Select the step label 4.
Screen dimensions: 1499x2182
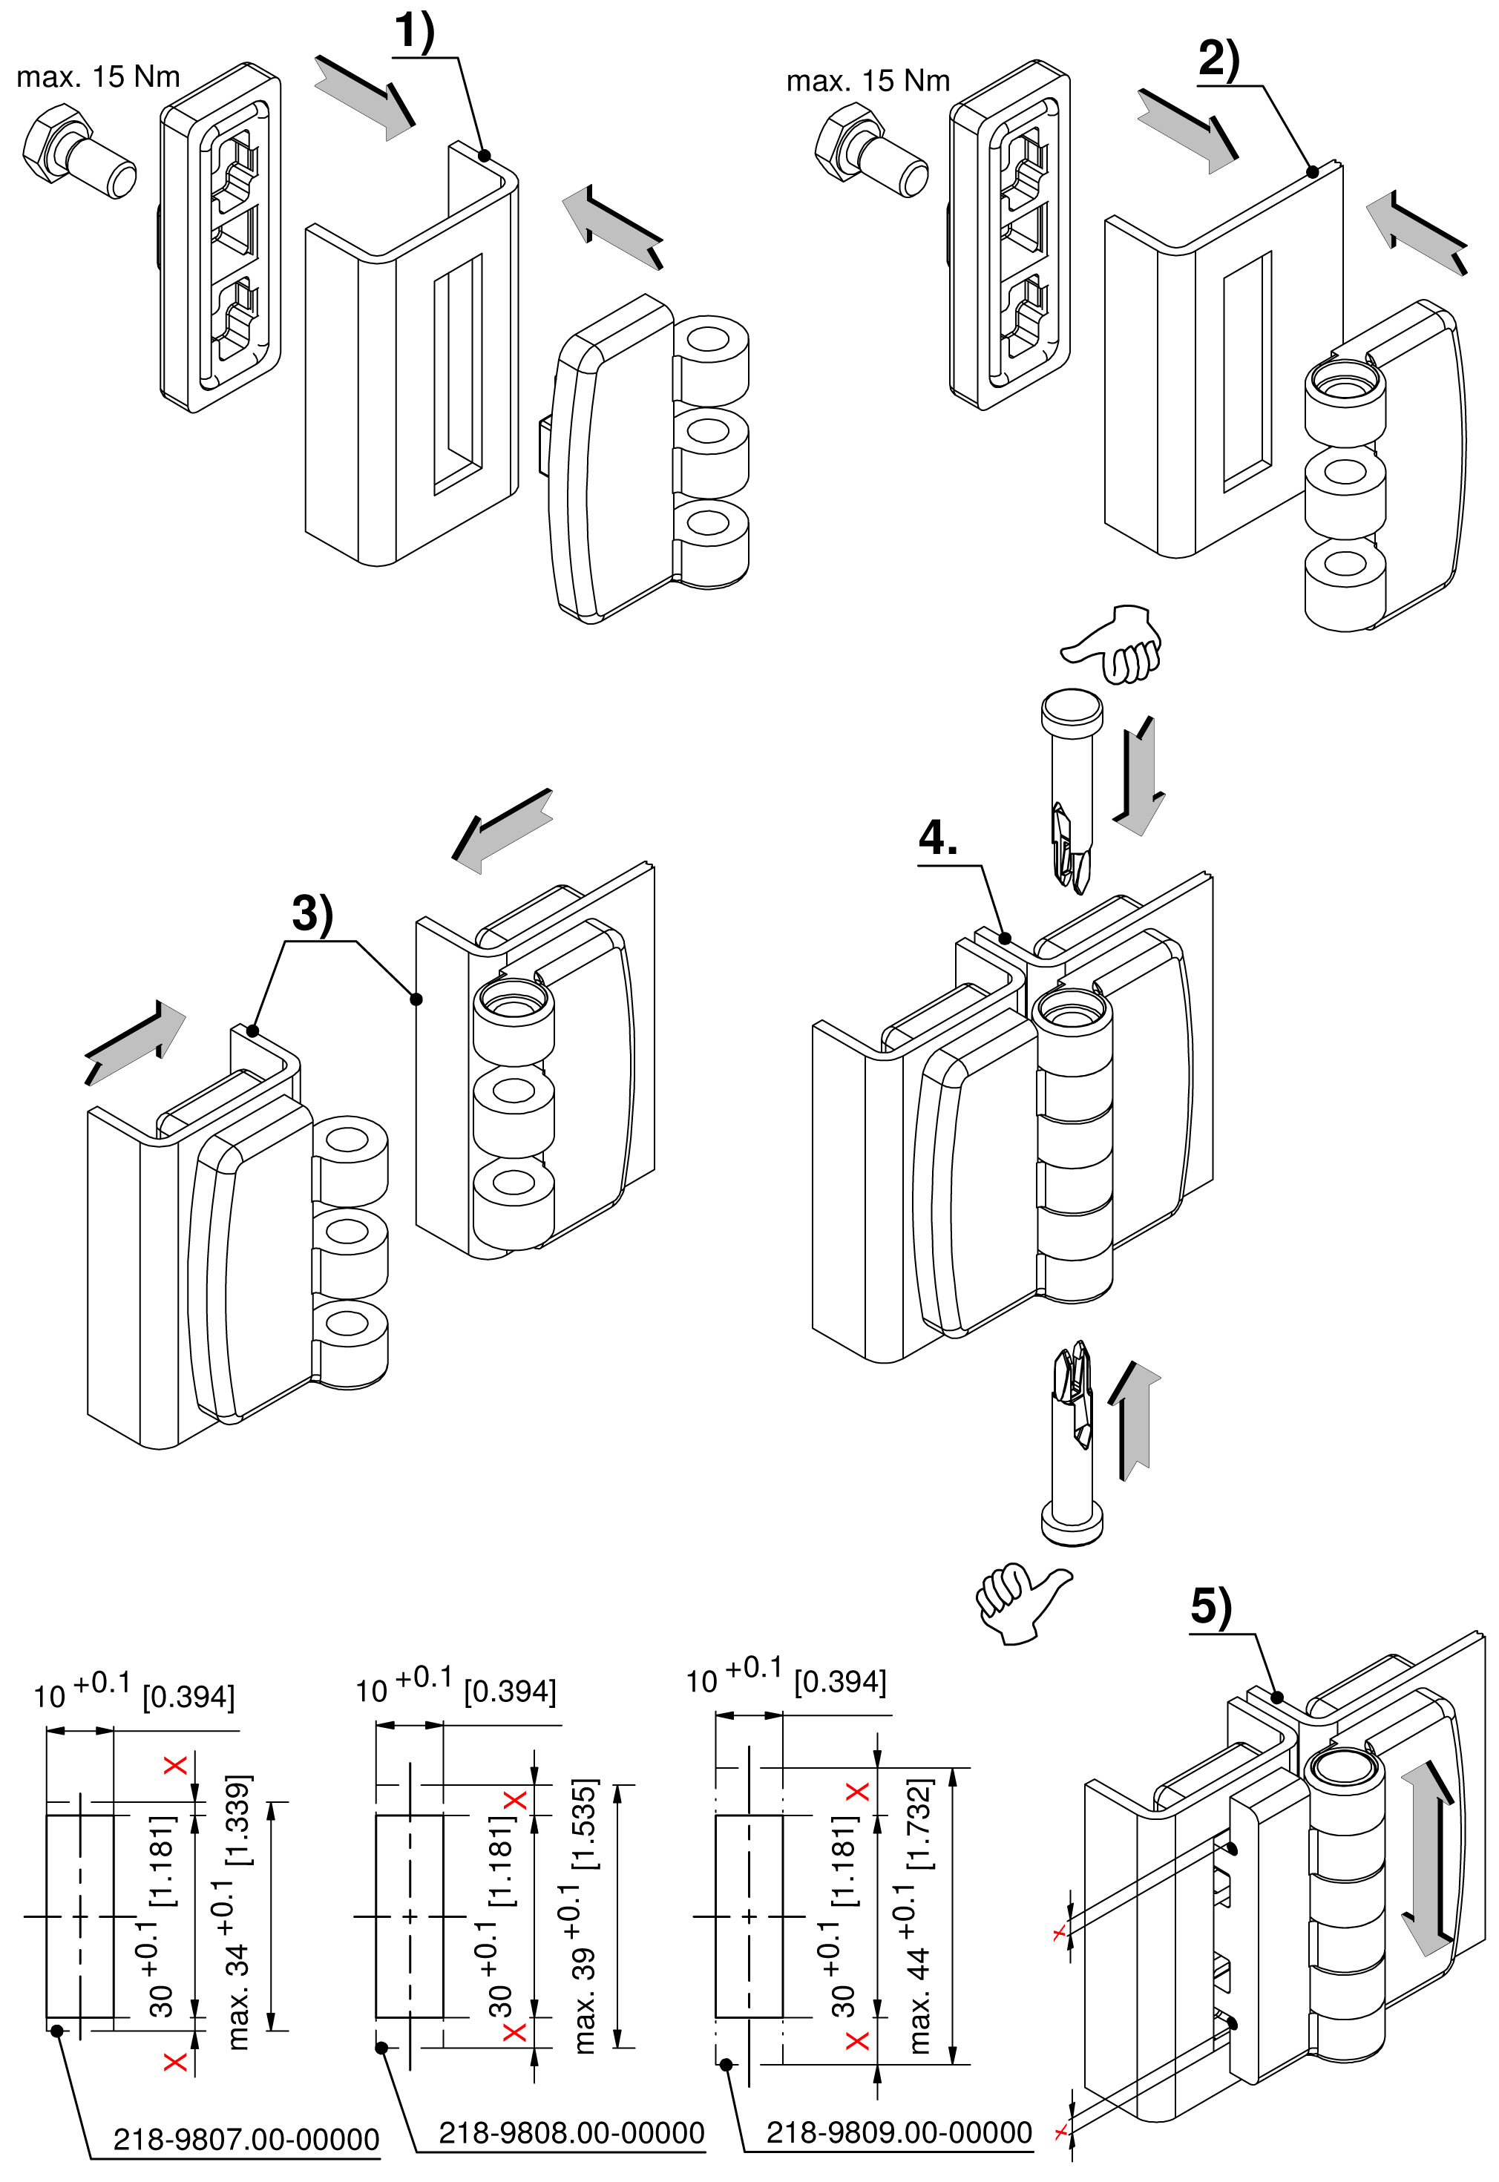[x=938, y=838]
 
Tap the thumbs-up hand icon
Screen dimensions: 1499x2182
[x=1022, y=1603]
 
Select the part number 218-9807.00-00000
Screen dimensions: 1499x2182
[x=246, y=2140]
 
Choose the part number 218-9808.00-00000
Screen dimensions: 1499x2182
[x=571, y=2133]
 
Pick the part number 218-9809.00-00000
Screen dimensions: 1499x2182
[x=899, y=2132]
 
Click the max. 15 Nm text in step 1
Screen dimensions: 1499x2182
[x=99, y=77]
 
